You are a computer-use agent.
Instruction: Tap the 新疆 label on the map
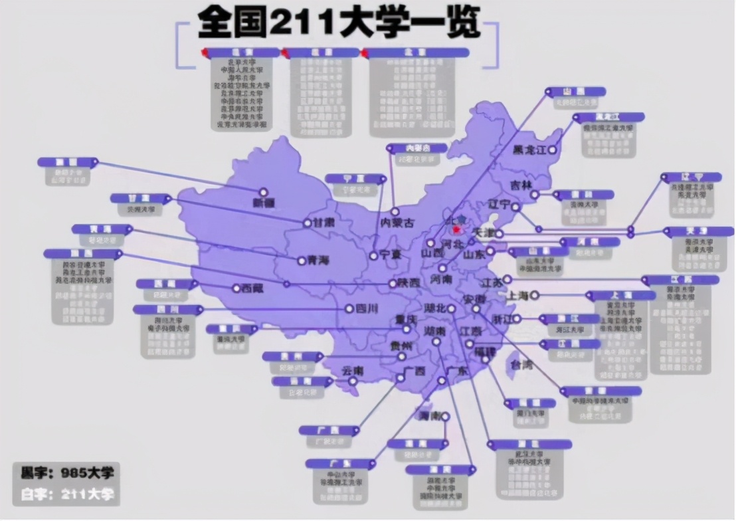pyautogui.click(x=263, y=203)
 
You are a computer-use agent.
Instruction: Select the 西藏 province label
pyautogui.click(x=252, y=288)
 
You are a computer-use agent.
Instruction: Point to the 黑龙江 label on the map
pyautogui.click(x=528, y=151)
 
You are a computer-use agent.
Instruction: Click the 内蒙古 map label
pyautogui.click(x=396, y=223)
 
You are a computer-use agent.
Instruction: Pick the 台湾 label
pyautogui.click(x=520, y=365)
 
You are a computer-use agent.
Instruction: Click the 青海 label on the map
pyautogui.click(x=318, y=260)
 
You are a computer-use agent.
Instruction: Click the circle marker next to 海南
pyautogui.click(x=445, y=417)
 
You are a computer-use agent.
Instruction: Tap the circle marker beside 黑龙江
pyautogui.click(x=551, y=151)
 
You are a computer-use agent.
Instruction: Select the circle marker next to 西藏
pyautogui.click(x=236, y=288)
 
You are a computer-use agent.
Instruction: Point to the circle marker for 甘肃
pyautogui.click(x=307, y=223)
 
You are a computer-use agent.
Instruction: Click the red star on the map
pyautogui.click(x=456, y=230)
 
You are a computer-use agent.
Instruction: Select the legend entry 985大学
pyautogui.click(x=67, y=473)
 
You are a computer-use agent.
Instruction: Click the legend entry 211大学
pyautogui.click(x=67, y=494)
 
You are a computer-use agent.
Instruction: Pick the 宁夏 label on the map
pyautogui.click(x=390, y=255)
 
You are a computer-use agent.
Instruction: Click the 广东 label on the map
pyautogui.click(x=458, y=371)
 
